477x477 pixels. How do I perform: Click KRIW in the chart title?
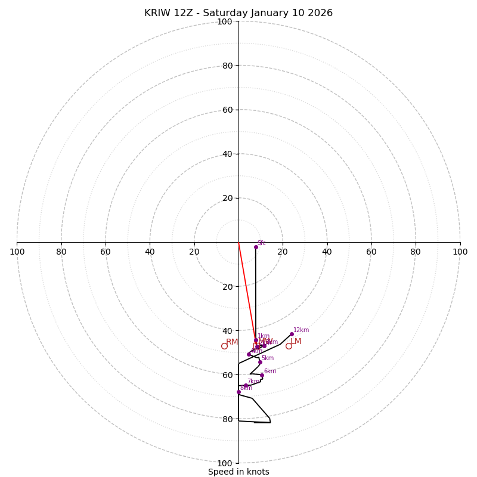(x=157, y=13)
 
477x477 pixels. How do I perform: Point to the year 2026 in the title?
(x=320, y=13)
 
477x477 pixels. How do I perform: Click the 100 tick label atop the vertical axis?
(x=224, y=21)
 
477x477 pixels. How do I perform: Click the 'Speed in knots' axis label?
(x=238, y=472)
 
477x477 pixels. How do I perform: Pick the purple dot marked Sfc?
(x=256, y=247)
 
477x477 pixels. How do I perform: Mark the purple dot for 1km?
(x=256, y=340)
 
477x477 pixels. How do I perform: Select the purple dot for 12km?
(x=292, y=334)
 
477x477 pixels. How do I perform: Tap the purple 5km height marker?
(x=260, y=362)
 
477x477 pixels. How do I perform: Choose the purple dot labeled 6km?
(x=262, y=376)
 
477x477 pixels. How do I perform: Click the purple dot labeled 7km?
(x=245, y=386)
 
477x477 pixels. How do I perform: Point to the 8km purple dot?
(x=238, y=392)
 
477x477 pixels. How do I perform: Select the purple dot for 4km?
(x=249, y=354)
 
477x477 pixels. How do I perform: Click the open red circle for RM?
(x=224, y=346)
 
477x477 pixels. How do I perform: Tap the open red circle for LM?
(x=289, y=346)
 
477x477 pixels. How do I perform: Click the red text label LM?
(x=296, y=342)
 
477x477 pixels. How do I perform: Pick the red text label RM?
(x=232, y=342)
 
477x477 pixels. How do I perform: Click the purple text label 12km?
(x=301, y=330)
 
